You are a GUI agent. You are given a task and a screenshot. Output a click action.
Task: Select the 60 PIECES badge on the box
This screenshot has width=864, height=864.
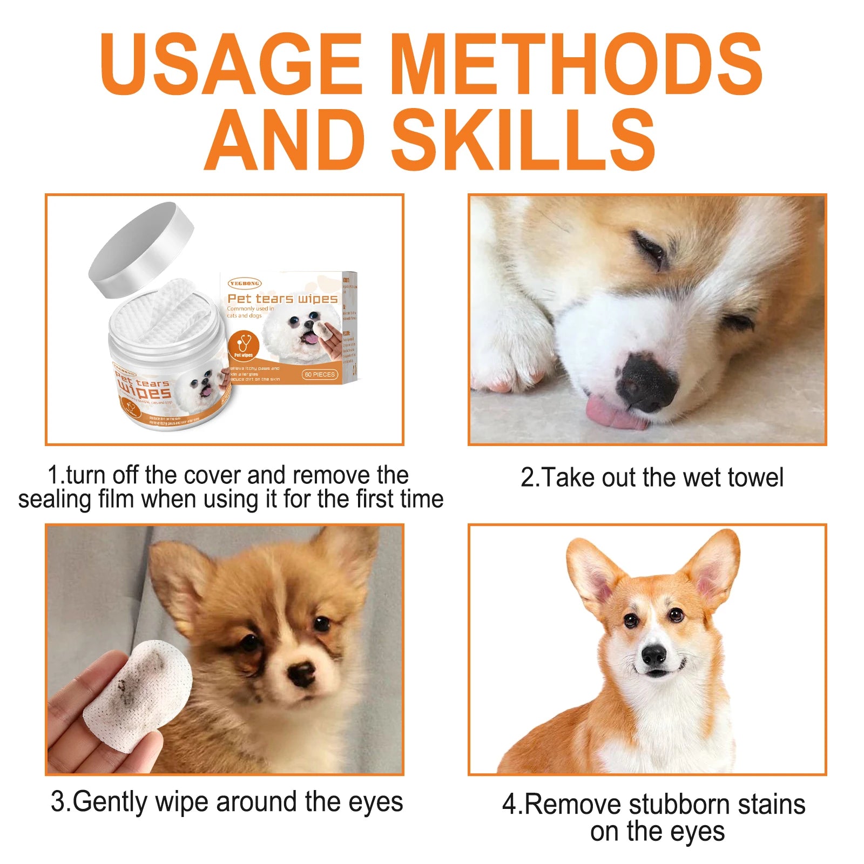(x=320, y=374)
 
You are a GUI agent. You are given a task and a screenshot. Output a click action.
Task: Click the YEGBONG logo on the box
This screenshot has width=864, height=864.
(x=245, y=283)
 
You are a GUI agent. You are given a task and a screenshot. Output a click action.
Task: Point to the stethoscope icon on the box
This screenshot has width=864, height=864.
(x=244, y=343)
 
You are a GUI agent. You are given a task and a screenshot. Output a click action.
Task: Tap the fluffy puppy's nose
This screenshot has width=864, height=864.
(x=301, y=673)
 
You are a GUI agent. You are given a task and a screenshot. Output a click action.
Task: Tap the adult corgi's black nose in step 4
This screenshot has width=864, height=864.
(x=653, y=655)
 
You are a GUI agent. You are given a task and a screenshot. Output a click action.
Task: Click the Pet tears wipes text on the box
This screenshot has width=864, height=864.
(x=282, y=299)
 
